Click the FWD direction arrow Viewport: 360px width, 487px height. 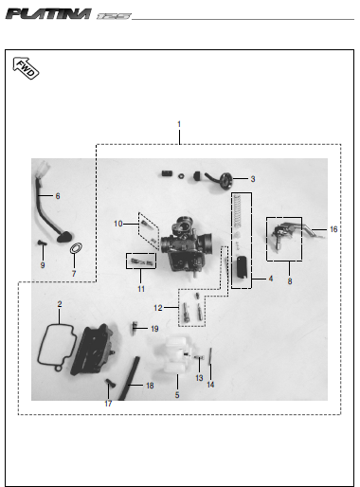click(x=26, y=68)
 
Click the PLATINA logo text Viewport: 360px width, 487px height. click(x=49, y=14)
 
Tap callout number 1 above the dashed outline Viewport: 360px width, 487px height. click(x=179, y=124)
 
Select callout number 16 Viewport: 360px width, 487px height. click(x=333, y=229)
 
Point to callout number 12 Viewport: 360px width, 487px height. click(x=158, y=307)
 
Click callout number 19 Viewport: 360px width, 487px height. click(x=154, y=329)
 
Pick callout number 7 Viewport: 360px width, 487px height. click(x=74, y=274)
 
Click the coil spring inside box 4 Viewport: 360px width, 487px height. click(x=237, y=211)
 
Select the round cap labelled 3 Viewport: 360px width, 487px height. click(x=226, y=181)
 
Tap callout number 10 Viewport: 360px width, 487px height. click(x=118, y=224)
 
